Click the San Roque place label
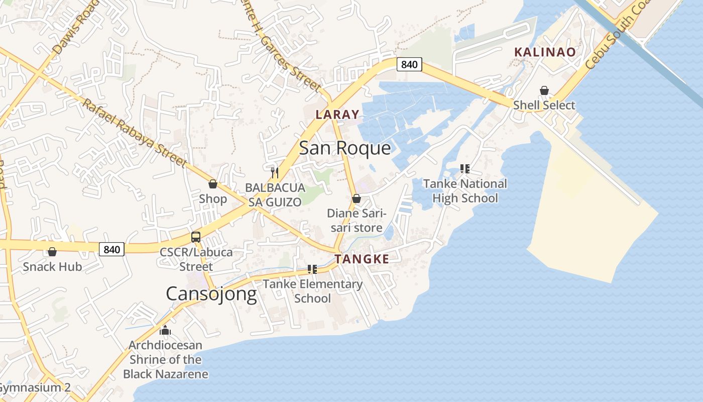click(x=344, y=148)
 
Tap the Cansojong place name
click(x=211, y=293)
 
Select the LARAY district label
click(x=337, y=115)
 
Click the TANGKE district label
click(x=362, y=259)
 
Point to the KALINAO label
click(x=545, y=52)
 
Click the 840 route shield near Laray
click(x=409, y=64)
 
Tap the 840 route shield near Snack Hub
click(x=111, y=249)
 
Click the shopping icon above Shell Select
click(x=544, y=90)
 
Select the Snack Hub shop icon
click(x=52, y=252)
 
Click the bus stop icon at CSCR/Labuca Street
click(x=196, y=237)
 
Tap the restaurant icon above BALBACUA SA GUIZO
click(x=275, y=173)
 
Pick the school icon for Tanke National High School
click(x=464, y=169)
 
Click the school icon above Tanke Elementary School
click(x=312, y=269)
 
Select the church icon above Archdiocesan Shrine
click(x=165, y=330)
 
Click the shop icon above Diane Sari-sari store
click(x=357, y=198)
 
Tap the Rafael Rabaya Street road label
click(x=134, y=133)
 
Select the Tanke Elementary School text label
click(x=312, y=291)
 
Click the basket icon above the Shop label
click(x=213, y=184)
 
